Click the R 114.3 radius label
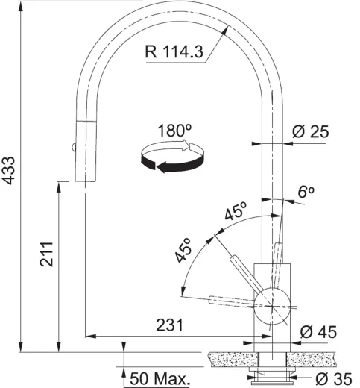point(173,53)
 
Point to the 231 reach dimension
point(171,325)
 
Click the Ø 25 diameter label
point(311,132)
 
